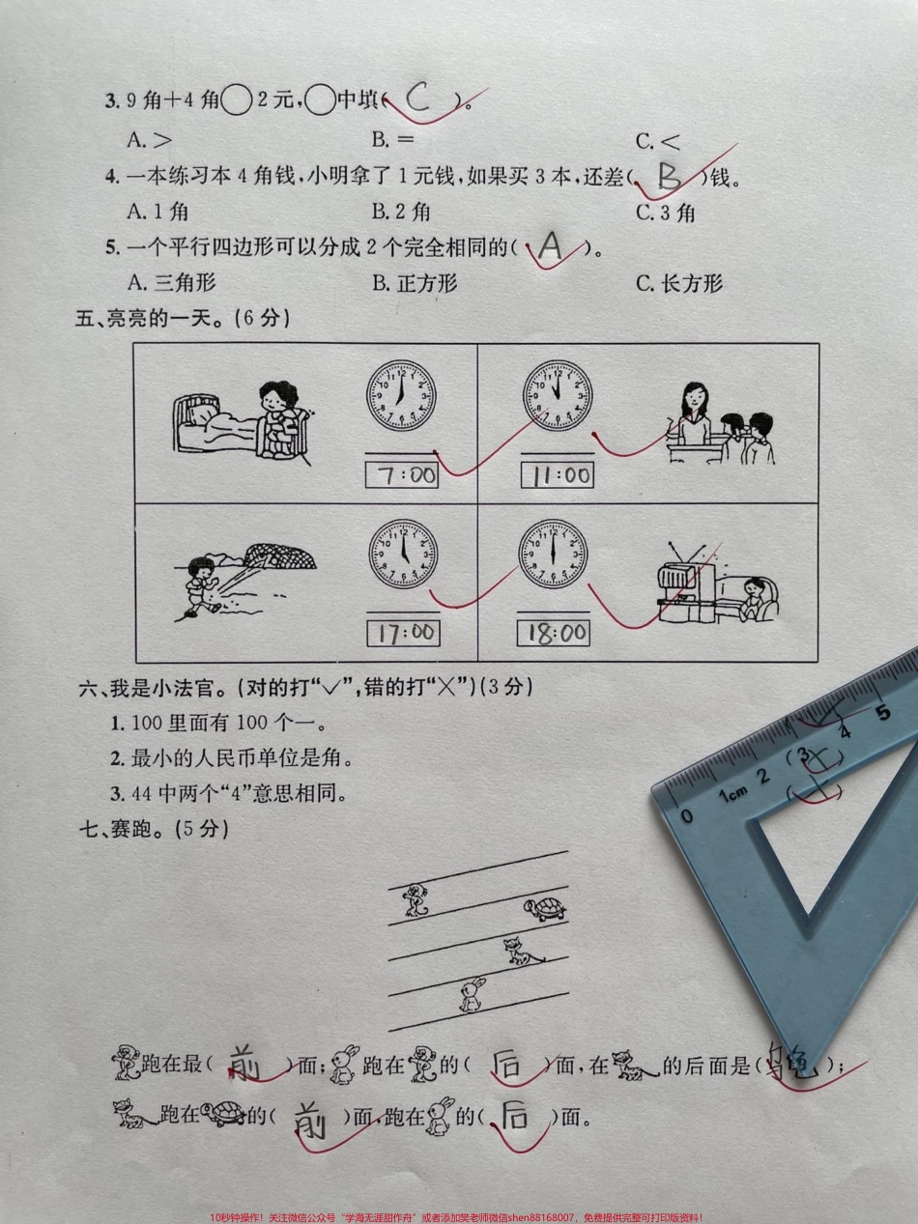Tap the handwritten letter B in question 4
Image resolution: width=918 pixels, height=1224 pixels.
670,176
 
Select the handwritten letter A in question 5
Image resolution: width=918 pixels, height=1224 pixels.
551,248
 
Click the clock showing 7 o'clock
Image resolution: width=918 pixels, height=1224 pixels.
401,397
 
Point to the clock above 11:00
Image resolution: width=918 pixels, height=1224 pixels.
558,396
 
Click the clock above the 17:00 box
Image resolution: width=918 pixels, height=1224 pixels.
402,555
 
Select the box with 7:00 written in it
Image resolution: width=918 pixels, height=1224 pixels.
402,474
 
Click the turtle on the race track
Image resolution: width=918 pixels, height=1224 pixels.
543,909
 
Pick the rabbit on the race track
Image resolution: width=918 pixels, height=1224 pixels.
471,995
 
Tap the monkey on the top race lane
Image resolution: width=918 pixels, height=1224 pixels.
416,899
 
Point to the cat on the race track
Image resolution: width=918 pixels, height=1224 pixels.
523,953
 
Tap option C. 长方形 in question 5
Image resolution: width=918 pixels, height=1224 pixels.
678,283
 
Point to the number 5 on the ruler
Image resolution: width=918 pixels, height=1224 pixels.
881,714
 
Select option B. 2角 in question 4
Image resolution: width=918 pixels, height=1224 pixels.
401,212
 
